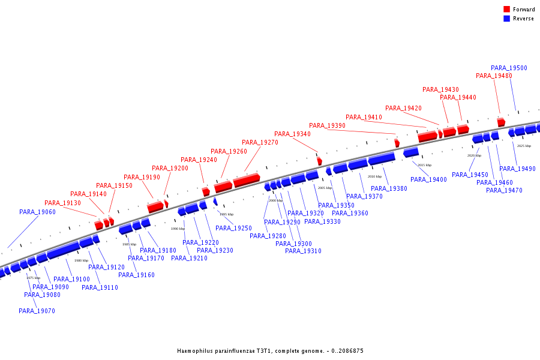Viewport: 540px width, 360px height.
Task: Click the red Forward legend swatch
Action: (x=507, y=10)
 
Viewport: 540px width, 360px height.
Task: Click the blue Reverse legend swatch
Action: (x=507, y=19)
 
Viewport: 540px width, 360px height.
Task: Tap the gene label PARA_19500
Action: (x=509, y=68)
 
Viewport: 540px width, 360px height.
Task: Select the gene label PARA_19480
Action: (x=494, y=76)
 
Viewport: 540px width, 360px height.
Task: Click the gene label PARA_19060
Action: (x=37, y=212)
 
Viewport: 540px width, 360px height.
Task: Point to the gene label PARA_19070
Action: (x=37, y=311)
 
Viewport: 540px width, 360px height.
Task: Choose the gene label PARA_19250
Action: (x=233, y=229)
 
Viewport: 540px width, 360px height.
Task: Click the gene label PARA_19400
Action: (x=428, y=180)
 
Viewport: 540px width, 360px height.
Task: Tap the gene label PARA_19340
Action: (x=292, y=134)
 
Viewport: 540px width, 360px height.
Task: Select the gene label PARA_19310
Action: (x=303, y=251)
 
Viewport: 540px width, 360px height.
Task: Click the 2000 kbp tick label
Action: (x=275, y=200)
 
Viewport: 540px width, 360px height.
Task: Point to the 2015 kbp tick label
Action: (x=424, y=165)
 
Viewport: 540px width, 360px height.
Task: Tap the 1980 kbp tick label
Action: (x=81, y=260)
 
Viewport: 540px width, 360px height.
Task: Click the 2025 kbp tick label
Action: (x=524, y=146)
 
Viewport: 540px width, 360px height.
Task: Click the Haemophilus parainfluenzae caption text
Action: (x=270, y=351)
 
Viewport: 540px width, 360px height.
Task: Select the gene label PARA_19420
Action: (x=403, y=109)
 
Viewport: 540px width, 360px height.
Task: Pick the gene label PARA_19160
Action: (x=136, y=275)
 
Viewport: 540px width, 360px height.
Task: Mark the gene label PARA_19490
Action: (x=517, y=169)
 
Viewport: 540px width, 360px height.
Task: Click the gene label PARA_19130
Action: (x=62, y=203)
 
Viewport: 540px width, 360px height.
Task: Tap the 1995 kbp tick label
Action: (x=226, y=214)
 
